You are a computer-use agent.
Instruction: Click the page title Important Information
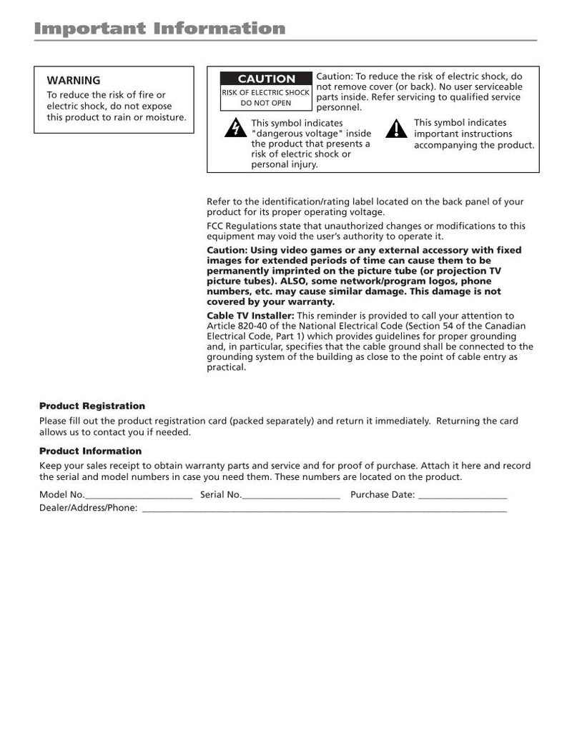161,29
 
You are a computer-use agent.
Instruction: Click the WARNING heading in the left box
73,81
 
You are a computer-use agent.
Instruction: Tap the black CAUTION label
266,79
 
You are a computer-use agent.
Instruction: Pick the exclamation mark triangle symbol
395,129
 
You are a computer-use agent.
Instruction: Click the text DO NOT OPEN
266,103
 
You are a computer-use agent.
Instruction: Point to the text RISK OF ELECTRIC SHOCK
266,93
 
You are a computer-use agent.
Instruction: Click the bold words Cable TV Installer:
250,316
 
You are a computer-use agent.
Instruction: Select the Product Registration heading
92,406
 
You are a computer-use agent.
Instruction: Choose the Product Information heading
90,451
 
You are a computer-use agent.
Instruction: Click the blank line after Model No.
139,496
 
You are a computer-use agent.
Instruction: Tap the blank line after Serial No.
291,496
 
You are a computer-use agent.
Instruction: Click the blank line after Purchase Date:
462,496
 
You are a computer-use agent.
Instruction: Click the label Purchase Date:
383,494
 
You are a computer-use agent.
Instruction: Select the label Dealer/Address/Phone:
88,508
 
